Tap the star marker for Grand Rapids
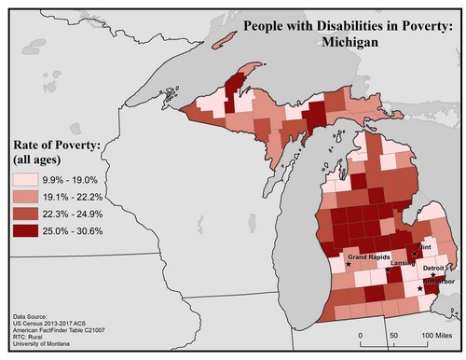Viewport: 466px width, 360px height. pyautogui.click(x=348, y=264)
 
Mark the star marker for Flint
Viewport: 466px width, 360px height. pyautogui.click(x=414, y=253)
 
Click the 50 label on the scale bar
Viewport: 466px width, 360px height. pyautogui.click(x=394, y=333)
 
